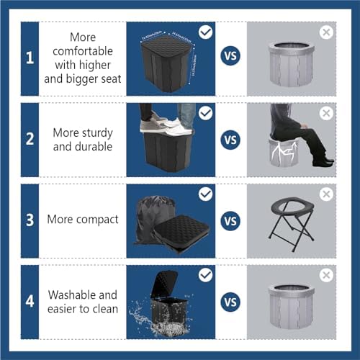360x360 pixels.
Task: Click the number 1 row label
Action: (x=30, y=58)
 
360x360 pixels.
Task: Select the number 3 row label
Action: (x=30, y=220)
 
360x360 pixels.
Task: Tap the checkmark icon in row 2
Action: (x=205, y=113)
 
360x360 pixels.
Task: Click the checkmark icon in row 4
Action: (x=205, y=274)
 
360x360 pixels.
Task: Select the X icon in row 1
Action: (x=326, y=32)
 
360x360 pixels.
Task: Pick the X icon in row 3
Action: (x=326, y=194)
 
